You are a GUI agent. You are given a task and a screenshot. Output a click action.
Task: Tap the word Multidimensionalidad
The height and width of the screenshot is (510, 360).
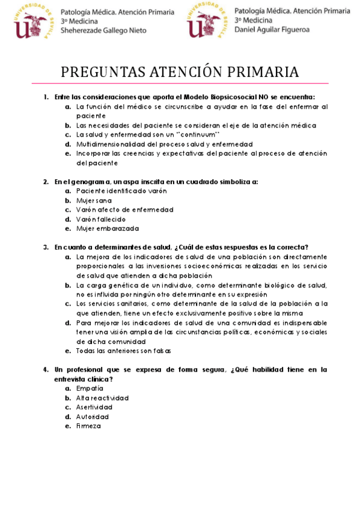coord(117,144)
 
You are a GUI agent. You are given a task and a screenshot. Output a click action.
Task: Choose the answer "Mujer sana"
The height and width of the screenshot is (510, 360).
coord(94,200)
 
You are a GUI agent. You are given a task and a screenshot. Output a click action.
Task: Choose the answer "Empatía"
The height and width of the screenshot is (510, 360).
coord(89,389)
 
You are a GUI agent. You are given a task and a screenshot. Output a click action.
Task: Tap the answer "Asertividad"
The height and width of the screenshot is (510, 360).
coord(94,407)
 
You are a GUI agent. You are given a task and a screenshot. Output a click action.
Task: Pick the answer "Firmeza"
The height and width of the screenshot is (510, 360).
coord(88,426)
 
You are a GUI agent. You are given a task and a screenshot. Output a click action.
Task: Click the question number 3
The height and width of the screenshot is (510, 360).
coord(46,247)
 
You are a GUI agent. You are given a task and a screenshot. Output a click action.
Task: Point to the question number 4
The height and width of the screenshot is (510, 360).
coord(46,369)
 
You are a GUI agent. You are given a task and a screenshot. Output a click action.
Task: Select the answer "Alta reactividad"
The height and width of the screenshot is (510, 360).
coord(102,398)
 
